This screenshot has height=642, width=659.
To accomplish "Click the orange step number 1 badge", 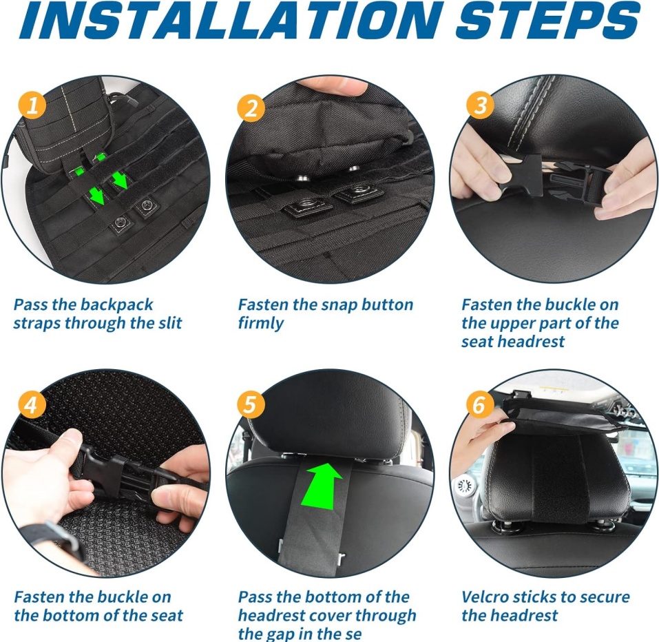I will (32, 105).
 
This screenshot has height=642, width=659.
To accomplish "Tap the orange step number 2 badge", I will (251, 108).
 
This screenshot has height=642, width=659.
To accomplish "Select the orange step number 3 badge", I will (480, 105).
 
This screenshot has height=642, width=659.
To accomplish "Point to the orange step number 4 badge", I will (30, 405).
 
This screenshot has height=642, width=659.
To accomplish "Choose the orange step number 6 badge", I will (479, 404).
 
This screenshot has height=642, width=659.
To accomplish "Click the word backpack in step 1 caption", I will (116, 304).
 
